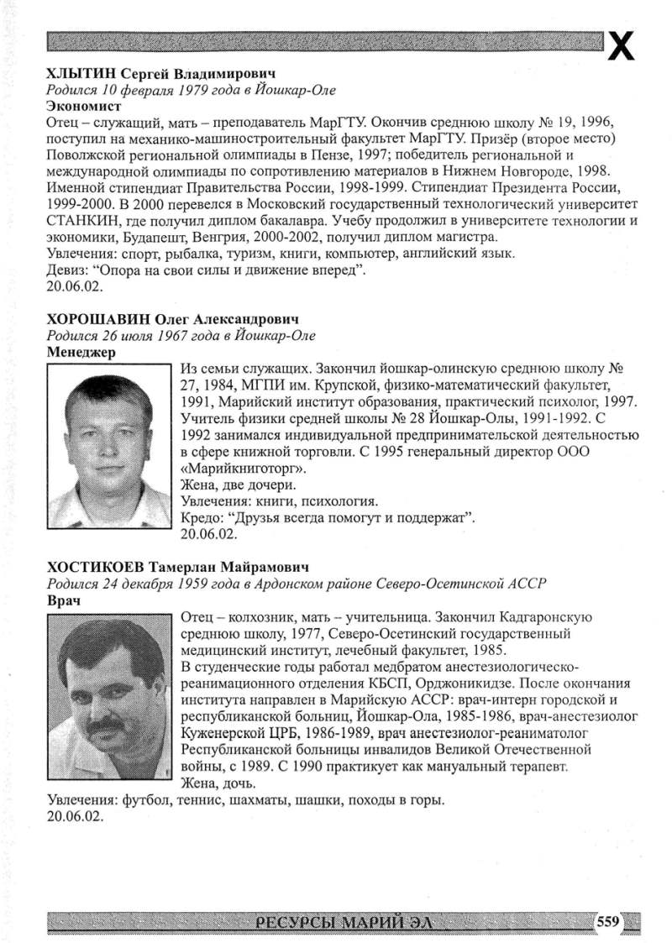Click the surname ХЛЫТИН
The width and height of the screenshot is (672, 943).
tap(77, 75)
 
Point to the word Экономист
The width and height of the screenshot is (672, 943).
tap(84, 107)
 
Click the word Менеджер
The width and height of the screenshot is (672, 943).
tap(81, 352)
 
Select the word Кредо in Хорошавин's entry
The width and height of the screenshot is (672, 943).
tap(201, 517)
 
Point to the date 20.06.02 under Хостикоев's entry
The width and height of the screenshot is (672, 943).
tap(76, 815)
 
